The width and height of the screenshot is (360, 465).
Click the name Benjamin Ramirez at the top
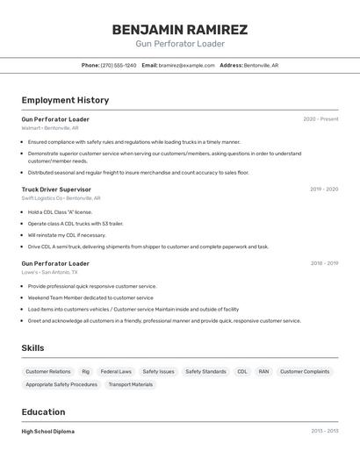click(180, 30)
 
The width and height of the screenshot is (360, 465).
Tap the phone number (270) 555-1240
click(119, 65)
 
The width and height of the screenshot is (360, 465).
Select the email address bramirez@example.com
click(186, 65)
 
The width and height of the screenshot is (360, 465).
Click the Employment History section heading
click(65, 100)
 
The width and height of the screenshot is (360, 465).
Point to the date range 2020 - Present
click(320, 119)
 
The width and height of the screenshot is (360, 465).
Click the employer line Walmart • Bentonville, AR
click(50, 128)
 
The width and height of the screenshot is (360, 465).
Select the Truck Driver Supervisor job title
click(56, 189)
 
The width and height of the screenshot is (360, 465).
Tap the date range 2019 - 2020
click(324, 189)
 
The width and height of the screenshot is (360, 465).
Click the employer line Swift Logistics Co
click(61, 198)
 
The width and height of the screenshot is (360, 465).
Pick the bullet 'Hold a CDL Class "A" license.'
click(60, 212)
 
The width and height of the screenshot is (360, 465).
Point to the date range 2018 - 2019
click(324, 263)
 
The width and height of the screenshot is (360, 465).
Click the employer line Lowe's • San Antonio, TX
click(53, 272)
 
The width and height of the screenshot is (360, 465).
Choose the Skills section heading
click(32, 348)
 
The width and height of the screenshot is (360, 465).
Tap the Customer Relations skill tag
click(48, 372)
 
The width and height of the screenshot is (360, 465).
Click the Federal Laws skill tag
click(116, 372)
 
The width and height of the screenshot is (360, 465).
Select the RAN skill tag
click(263, 372)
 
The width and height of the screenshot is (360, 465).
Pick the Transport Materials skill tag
click(130, 384)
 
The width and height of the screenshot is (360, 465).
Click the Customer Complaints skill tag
click(305, 372)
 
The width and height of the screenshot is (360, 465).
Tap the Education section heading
click(43, 412)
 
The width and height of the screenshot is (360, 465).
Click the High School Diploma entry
click(48, 432)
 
